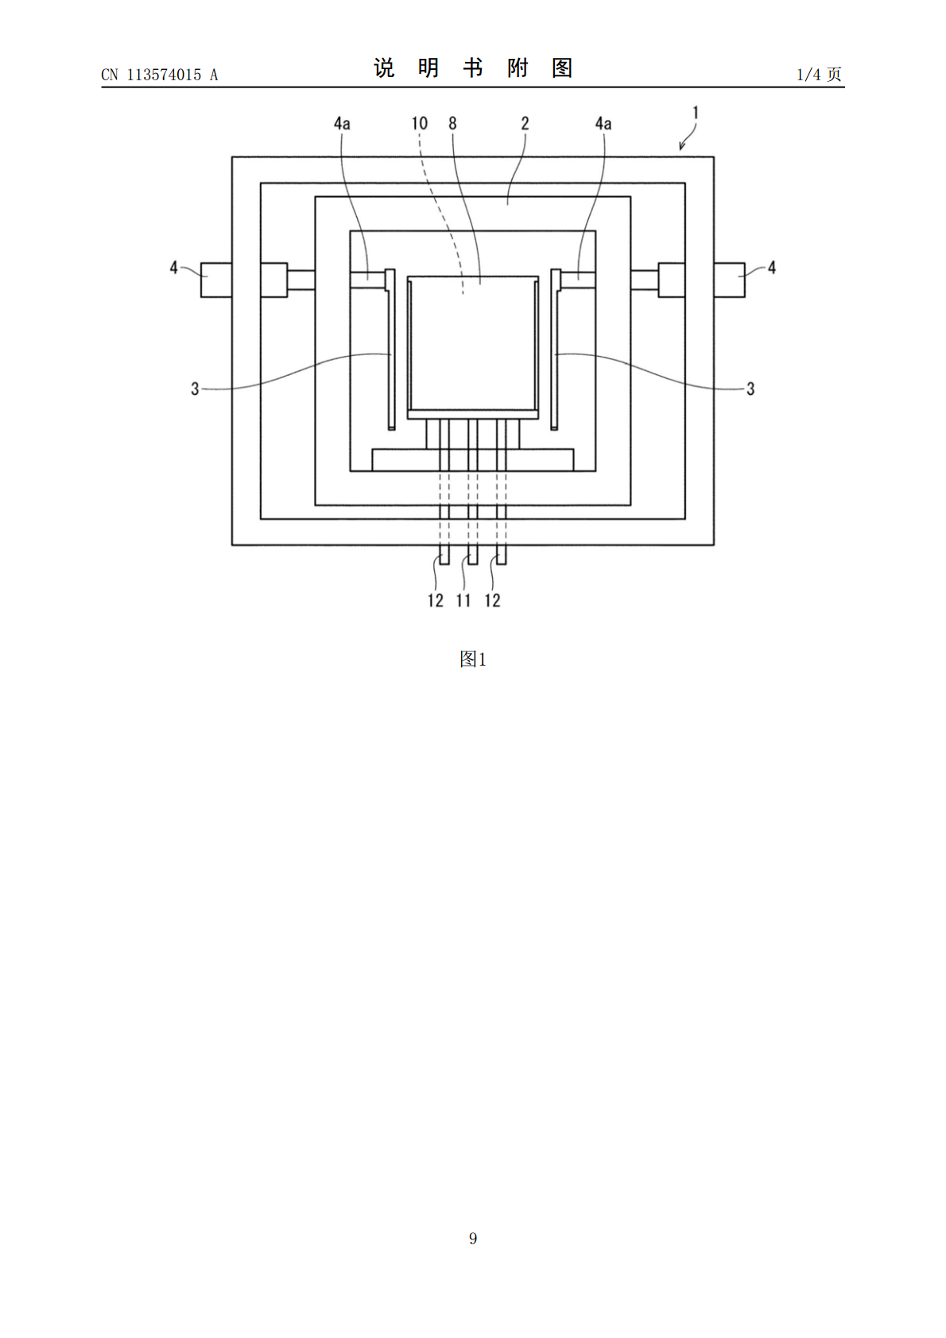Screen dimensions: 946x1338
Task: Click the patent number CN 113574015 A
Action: [160, 75]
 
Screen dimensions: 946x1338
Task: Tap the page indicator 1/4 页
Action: [820, 74]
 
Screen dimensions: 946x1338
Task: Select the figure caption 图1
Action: [473, 659]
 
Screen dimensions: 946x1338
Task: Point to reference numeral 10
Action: [420, 123]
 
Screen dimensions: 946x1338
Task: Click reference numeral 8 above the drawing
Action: [452, 123]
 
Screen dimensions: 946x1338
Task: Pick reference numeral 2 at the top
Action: [525, 123]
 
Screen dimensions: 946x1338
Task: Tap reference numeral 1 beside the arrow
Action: [695, 112]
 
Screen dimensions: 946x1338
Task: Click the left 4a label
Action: [342, 124]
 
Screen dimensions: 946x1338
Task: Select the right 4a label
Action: [603, 124]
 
